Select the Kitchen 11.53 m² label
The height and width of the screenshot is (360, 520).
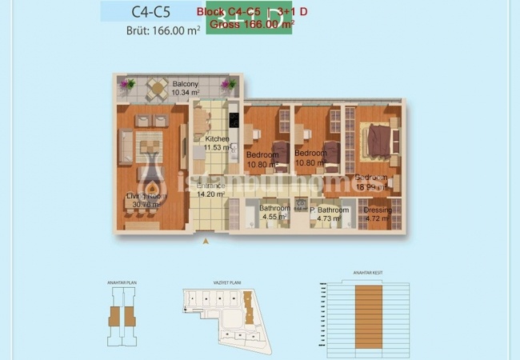click(217, 143)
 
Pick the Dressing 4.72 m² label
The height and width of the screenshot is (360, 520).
click(378, 214)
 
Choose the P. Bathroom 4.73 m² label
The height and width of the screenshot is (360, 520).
click(330, 214)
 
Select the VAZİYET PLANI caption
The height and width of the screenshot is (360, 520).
click(215, 281)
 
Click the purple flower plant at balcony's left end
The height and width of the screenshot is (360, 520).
click(123, 83)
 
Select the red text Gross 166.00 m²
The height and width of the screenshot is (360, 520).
click(250, 24)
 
